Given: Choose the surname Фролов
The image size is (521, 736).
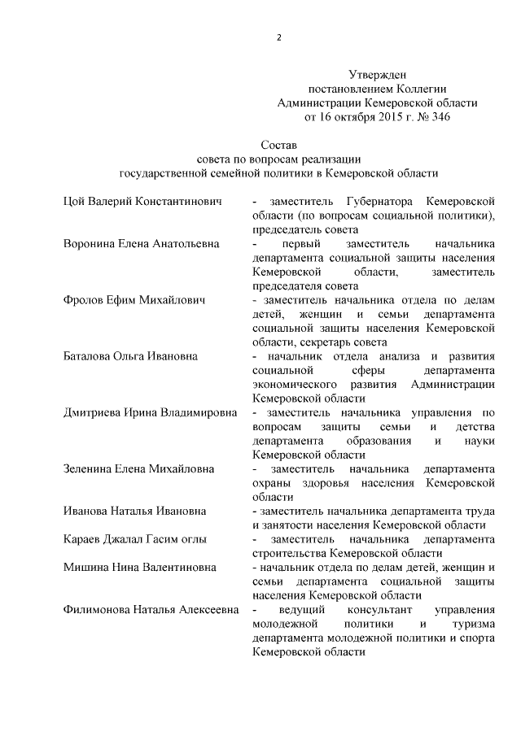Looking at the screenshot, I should pyautogui.click(x=84, y=300).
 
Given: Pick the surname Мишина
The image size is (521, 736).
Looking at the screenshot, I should pyautogui.click(x=85, y=568).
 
